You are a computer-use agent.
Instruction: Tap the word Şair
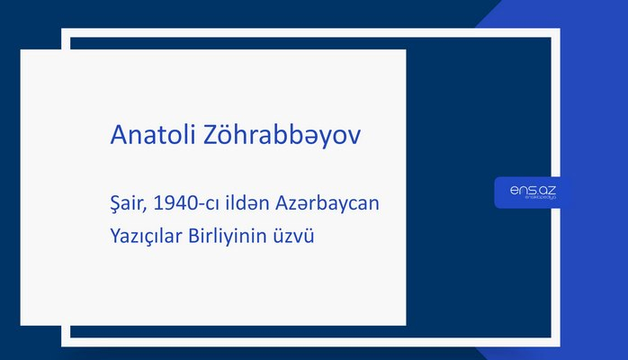coord(128,204)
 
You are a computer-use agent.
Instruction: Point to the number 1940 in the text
coord(175,204)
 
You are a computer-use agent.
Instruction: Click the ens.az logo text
coord(532,189)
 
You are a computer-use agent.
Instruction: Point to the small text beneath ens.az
coord(532,201)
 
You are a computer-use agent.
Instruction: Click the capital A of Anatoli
coord(118,135)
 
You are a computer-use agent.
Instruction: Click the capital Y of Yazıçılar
coord(114,236)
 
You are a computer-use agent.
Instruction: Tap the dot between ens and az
coord(534,192)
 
